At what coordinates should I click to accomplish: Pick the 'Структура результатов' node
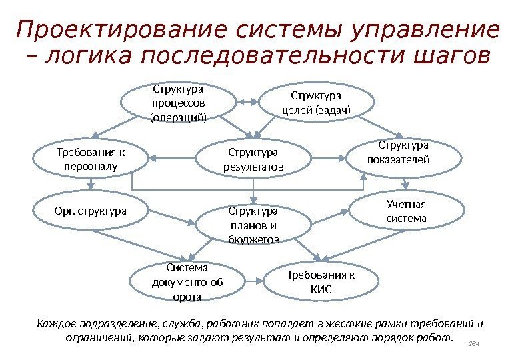point(253,159)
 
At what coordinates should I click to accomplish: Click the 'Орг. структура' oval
point(90,211)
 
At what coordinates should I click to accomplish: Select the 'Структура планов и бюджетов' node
point(253,225)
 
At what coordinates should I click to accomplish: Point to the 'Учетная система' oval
point(406,211)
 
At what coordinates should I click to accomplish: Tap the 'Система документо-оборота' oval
point(187,281)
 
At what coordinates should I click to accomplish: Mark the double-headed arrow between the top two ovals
point(247,102)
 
